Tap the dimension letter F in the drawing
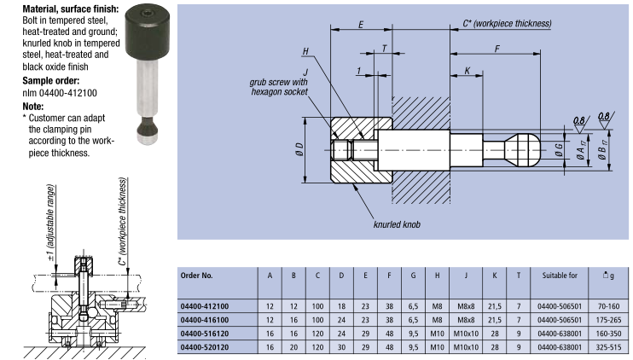click(496, 49)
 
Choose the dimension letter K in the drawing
click(467, 70)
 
